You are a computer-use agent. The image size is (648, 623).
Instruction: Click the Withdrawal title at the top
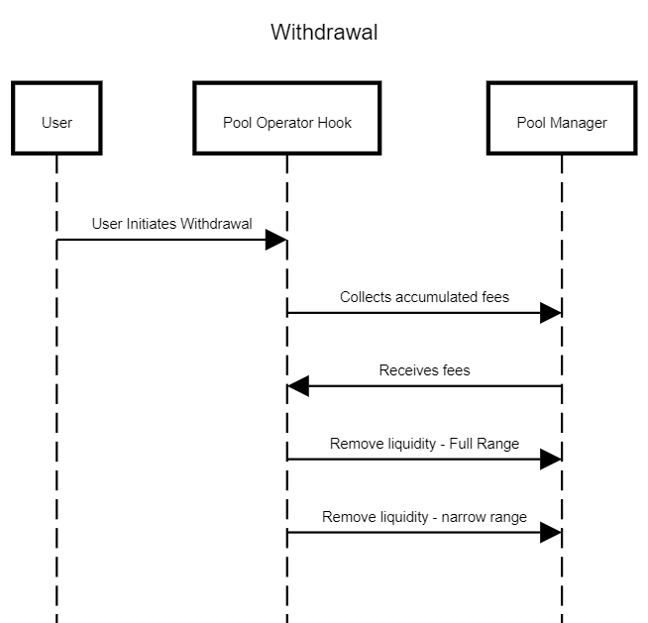click(324, 33)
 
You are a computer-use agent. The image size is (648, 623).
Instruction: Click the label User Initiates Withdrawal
click(172, 224)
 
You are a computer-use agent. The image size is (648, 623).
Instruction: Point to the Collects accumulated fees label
click(424, 297)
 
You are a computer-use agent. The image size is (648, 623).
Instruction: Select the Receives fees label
click(424, 370)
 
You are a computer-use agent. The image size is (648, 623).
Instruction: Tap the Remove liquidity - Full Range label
click(424, 444)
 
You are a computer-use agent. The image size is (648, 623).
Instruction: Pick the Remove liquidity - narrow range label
click(424, 517)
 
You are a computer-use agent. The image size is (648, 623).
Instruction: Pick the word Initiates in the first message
click(152, 224)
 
